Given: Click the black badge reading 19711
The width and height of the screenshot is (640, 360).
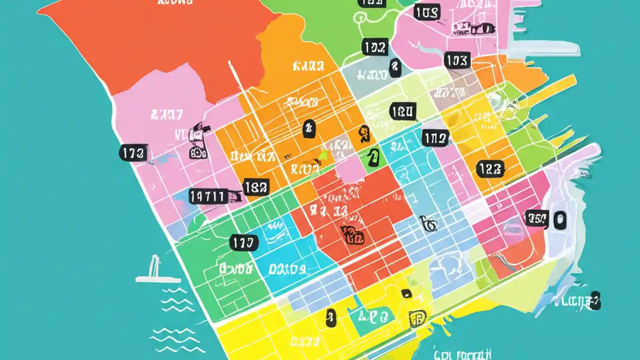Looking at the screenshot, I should tap(208, 196).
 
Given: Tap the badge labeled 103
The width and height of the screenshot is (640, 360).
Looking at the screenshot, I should tap(457, 61).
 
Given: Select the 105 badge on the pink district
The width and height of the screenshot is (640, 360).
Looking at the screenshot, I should tap(426, 12).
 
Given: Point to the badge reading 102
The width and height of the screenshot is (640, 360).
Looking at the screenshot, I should tap(374, 47).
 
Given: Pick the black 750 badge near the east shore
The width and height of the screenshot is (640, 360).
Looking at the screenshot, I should tap(536, 218).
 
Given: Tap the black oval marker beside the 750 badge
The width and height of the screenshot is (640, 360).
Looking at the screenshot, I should tap(559, 220).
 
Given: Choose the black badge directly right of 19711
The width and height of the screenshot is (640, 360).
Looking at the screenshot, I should tap(256, 187).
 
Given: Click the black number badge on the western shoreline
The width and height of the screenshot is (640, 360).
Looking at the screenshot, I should tap(133, 153).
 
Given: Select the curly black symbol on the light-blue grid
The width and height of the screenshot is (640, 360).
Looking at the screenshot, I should tap(428, 223).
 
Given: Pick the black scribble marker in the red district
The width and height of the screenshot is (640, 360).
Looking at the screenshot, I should tap(352, 235).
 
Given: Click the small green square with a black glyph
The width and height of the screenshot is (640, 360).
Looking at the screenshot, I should tap(371, 158).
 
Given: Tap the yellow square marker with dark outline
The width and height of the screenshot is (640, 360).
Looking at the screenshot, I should tap(417, 318).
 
